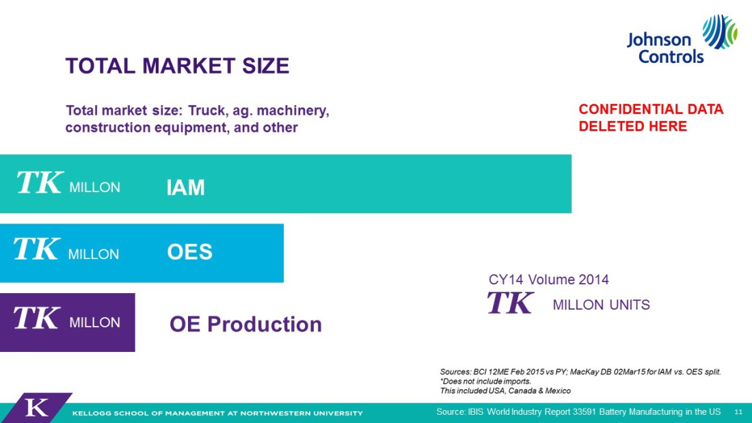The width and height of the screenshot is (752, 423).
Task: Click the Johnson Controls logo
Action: pyautogui.click(x=682, y=40)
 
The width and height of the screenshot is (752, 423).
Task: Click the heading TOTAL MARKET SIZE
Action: pyautogui.click(x=178, y=66)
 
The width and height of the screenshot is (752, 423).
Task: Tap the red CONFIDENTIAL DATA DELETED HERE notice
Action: pyautogui.click(x=651, y=118)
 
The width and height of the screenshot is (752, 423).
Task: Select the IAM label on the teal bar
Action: pyautogui.click(x=185, y=187)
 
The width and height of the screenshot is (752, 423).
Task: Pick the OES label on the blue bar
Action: pyautogui.click(x=189, y=251)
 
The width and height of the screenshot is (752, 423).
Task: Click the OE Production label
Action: pyautogui.click(x=245, y=324)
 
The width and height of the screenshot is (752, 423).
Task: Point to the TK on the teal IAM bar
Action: pyautogui.click(x=40, y=182)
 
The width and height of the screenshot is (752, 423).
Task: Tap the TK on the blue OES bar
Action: pyautogui.click(x=37, y=249)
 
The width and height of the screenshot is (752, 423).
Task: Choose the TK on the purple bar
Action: pyautogui.click(x=37, y=318)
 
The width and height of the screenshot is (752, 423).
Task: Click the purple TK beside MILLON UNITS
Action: pyautogui.click(x=510, y=302)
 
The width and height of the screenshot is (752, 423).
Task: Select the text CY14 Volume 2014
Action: pyautogui.click(x=549, y=279)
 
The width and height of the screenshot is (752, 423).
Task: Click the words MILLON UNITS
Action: pyautogui.click(x=602, y=305)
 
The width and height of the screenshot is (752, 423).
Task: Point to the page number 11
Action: pyautogui.click(x=738, y=412)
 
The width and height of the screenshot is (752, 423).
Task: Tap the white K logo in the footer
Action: pyautogui.click(x=36, y=408)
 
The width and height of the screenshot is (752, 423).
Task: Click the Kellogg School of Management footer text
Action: pyautogui.click(x=217, y=413)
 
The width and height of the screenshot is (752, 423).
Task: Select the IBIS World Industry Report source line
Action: pyautogui.click(x=578, y=411)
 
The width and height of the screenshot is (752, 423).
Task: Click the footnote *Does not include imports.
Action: pyautogui.click(x=485, y=381)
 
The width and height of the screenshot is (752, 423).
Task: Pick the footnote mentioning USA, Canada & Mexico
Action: pyautogui.click(x=505, y=391)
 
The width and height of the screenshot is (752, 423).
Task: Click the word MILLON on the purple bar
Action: pyautogui.click(x=94, y=323)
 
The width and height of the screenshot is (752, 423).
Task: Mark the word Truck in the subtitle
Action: pyautogui.click(x=207, y=111)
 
